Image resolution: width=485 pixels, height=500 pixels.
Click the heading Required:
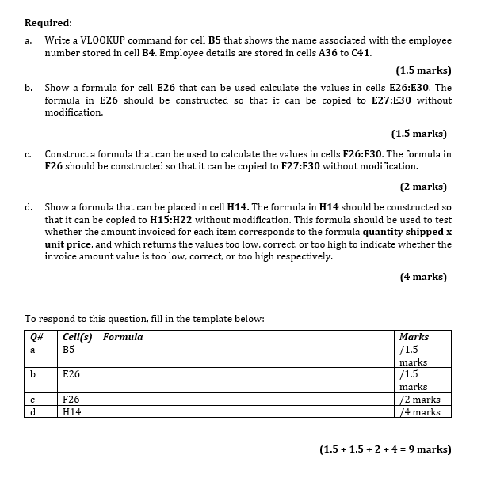(x=48, y=23)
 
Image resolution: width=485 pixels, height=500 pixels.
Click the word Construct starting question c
(x=68, y=153)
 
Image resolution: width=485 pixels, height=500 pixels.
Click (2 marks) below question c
(x=423, y=187)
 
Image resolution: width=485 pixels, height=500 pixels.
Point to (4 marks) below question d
(x=423, y=277)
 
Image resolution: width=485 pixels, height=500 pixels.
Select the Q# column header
(x=34, y=337)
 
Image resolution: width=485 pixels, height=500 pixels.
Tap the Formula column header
(x=124, y=337)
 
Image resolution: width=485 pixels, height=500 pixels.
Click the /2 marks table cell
(x=420, y=400)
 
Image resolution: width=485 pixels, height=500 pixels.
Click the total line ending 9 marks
(x=385, y=449)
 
